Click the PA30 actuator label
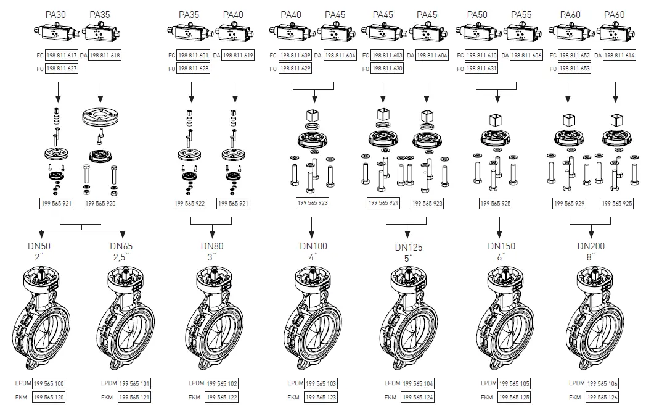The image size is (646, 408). click(x=56, y=14)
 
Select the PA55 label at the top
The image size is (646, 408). click(x=521, y=14)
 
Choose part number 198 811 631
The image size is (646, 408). click(x=483, y=69)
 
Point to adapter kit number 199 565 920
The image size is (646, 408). click(x=100, y=202)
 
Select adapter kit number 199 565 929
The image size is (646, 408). click(x=568, y=203)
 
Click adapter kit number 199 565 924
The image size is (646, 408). click(x=383, y=202)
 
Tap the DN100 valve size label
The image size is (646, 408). click(x=314, y=246)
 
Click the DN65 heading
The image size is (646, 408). click(x=121, y=246)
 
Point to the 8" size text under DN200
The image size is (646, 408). click(x=591, y=256)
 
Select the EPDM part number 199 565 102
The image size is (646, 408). click(x=221, y=383)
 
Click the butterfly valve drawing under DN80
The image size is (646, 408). click(x=212, y=317)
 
